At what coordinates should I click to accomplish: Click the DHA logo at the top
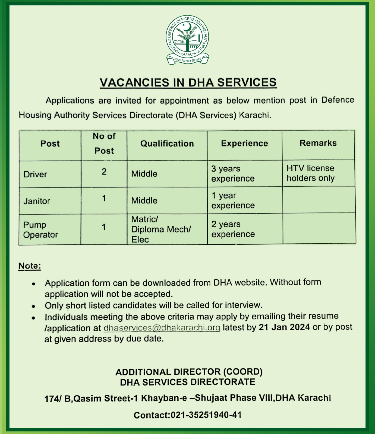(187, 40)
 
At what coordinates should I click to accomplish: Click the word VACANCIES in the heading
(134, 82)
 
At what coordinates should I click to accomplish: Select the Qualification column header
(167, 144)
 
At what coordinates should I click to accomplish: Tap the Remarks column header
(318, 143)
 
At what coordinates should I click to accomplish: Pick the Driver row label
(35, 174)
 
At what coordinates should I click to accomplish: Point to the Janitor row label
(37, 201)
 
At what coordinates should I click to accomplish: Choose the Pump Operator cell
(41, 230)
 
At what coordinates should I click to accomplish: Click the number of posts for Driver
(104, 172)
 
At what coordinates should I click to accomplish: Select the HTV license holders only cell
(310, 173)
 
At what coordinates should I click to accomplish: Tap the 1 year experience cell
(233, 200)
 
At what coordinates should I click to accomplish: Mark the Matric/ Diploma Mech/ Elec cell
(161, 229)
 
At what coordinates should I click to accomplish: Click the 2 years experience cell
(233, 229)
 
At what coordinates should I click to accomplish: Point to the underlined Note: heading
(30, 266)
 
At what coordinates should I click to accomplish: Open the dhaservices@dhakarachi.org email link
(162, 328)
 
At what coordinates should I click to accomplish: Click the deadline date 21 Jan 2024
(284, 327)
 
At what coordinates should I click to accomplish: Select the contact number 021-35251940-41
(206, 415)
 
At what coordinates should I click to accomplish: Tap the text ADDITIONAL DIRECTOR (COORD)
(189, 372)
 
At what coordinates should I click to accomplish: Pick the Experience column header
(244, 143)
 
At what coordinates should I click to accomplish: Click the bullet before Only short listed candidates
(33, 306)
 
